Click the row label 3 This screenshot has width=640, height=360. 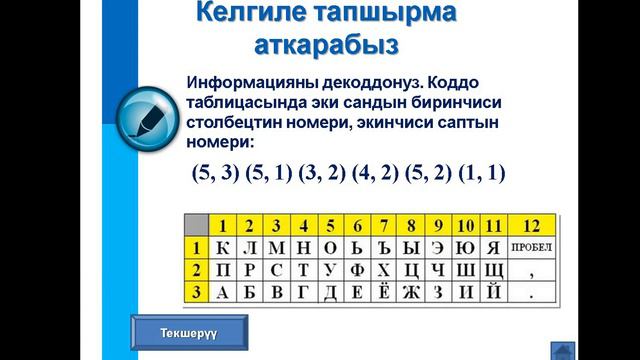pos(198,292)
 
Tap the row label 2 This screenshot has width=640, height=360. pos(198,269)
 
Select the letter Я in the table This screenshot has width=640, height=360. pos(493,247)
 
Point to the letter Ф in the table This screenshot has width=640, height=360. pos(357,269)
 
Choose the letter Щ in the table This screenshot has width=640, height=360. pos(493,269)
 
